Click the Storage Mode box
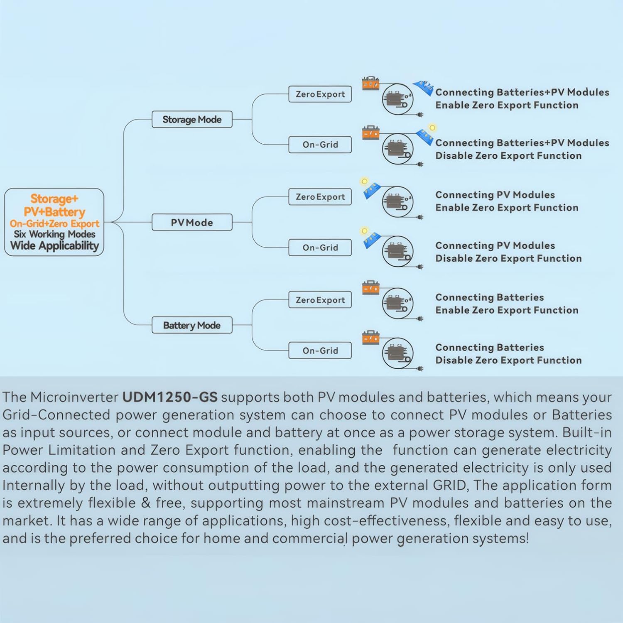pyautogui.click(x=192, y=120)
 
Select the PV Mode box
pyautogui.click(x=192, y=223)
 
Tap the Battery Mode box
pyautogui.click(x=192, y=325)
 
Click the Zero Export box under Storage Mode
pyautogui.click(x=320, y=94)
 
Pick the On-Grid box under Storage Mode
pyautogui.click(x=320, y=145)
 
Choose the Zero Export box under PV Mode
pyautogui.click(x=320, y=197)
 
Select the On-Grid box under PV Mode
pyautogui.click(x=320, y=248)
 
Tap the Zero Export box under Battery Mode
pyautogui.click(x=320, y=300)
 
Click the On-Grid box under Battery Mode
pyautogui.click(x=320, y=351)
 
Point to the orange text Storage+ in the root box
pyautogui.click(x=54, y=199)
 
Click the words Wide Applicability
pyautogui.click(x=54, y=246)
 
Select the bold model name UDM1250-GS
pyautogui.click(x=169, y=397)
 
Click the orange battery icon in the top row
pyautogui.click(x=370, y=83)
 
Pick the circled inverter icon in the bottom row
pyautogui.click(x=397, y=353)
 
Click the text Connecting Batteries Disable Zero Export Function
pyautogui.click(x=508, y=354)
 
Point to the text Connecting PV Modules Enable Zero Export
pyautogui.click(x=506, y=201)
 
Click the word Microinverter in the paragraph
pyautogui.click(x=74, y=397)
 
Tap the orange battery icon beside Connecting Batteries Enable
pyautogui.click(x=370, y=287)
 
